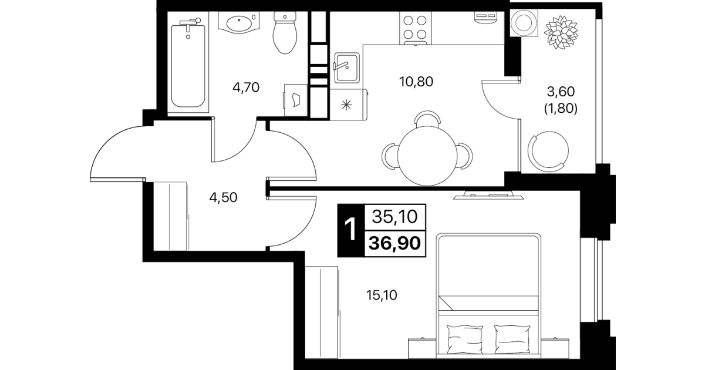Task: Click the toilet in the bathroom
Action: [285, 32]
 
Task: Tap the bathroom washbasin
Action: [239, 22]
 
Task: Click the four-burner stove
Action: [415, 28]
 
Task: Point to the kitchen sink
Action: [347, 68]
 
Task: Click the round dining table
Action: [427, 156]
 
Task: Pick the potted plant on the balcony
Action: [561, 32]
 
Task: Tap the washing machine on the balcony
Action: [524, 23]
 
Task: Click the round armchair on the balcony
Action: [548, 151]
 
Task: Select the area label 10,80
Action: [416, 82]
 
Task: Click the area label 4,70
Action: [246, 88]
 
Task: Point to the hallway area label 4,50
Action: [223, 197]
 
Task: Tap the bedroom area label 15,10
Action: [382, 295]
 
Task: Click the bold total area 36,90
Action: [394, 243]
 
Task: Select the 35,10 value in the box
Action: [394, 217]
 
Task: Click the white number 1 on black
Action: [350, 230]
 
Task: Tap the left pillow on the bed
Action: [465, 339]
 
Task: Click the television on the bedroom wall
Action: [488, 195]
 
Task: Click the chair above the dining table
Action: [427, 119]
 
